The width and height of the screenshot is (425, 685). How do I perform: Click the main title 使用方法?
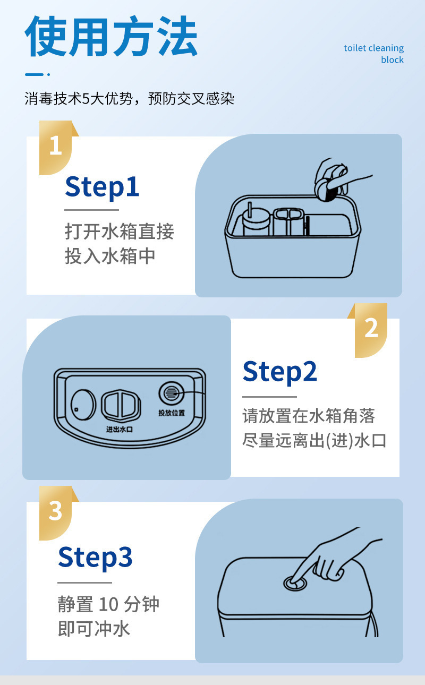coord(111,36)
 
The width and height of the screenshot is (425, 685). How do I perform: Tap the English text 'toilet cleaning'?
coord(373,48)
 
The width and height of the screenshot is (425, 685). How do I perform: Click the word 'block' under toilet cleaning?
coord(392,59)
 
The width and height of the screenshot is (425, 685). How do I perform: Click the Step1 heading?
coord(102,187)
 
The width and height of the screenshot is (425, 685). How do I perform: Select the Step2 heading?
coord(279,372)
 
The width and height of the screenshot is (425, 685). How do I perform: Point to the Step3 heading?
coord(95,557)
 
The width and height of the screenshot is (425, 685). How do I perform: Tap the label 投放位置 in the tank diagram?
coord(172,413)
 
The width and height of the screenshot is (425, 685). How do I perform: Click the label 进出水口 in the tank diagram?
coord(120,430)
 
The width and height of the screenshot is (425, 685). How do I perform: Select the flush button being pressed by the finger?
coord(295,584)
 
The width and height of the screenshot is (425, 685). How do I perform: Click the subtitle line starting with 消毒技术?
coord(130,98)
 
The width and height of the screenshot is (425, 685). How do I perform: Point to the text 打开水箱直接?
coord(120,231)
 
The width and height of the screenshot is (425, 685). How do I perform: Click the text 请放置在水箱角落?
coord(309,416)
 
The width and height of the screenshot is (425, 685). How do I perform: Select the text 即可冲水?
coord(94,629)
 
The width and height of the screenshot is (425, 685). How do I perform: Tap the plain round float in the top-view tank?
coord(83,405)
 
